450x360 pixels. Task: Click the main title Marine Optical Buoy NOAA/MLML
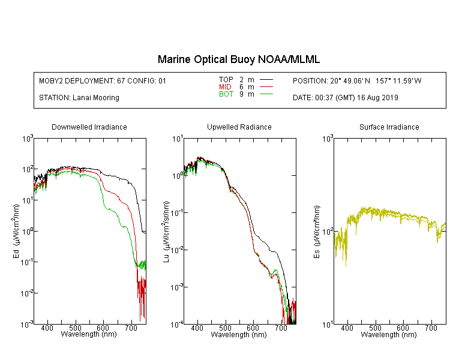[238, 59]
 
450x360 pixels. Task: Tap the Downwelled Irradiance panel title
[89, 127]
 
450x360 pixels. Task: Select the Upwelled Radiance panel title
[239, 127]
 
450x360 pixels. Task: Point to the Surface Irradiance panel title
[389, 127]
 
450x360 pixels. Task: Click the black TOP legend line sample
[266, 80]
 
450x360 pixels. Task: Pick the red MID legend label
[225, 86]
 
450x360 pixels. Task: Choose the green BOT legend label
[226, 94]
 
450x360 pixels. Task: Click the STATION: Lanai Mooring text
[79, 98]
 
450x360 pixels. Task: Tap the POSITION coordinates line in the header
[357, 81]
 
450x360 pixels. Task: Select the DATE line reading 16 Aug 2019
[346, 98]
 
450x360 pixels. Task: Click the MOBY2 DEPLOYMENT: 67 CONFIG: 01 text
[103, 81]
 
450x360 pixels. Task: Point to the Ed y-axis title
[16, 232]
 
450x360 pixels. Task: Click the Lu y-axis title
[166, 232]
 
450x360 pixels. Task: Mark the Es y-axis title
[316, 232]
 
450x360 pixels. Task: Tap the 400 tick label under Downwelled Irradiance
[47, 328]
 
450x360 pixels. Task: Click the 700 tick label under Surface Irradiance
[431, 328]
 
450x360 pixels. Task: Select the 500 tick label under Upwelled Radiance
[225, 328]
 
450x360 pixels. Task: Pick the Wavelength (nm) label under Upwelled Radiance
[239, 335]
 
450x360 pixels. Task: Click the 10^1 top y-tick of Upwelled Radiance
[178, 140]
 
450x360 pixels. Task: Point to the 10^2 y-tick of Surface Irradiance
[328, 232]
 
